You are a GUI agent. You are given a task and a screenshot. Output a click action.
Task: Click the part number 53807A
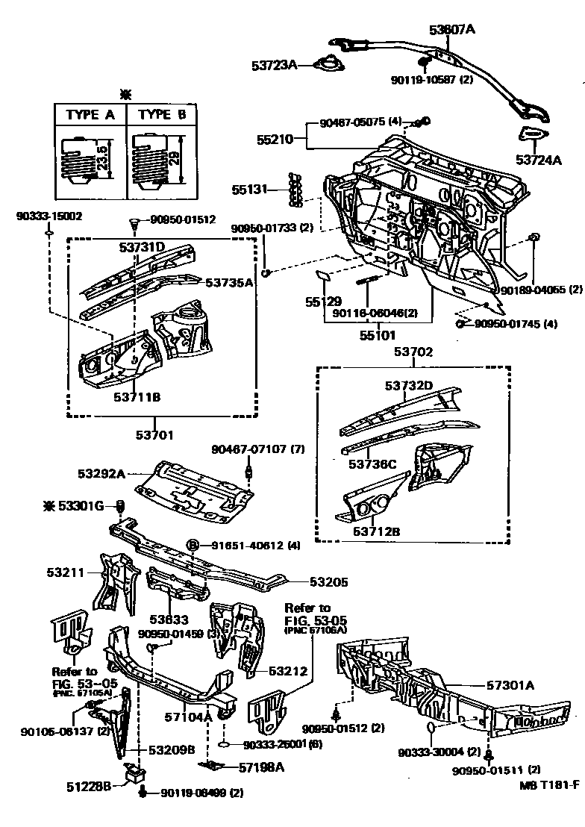click(x=451, y=30)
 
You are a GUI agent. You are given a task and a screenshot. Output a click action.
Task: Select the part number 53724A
click(x=538, y=160)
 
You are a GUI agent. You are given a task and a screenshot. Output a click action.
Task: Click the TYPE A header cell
click(x=90, y=115)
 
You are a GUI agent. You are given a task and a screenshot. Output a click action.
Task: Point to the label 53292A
click(x=101, y=473)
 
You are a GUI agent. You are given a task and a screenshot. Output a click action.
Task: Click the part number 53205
click(x=328, y=581)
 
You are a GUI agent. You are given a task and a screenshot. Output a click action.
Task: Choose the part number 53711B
click(x=137, y=396)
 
